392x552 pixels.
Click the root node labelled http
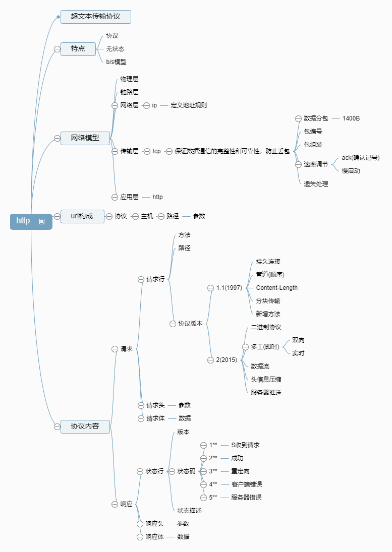[23, 221]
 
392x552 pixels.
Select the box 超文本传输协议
[95, 17]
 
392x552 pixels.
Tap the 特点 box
[78, 49]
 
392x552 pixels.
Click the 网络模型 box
[85, 138]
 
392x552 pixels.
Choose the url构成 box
[82, 216]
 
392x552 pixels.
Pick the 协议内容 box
[85, 426]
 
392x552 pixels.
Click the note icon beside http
[42, 221]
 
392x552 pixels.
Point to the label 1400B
[351, 118]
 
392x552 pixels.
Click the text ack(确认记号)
[360, 158]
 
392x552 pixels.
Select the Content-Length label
[276, 288]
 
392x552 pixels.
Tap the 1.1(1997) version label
[229, 288]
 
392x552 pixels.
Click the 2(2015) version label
[226, 360]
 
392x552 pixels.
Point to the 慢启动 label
[351, 171]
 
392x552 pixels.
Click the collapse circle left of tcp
[147, 151]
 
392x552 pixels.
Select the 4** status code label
[213, 484]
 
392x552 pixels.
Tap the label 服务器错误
[246, 498]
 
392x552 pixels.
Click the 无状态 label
[115, 49]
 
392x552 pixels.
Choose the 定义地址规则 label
[189, 105]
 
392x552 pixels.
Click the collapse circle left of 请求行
[141, 279]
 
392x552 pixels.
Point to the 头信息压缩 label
[266, 380]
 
